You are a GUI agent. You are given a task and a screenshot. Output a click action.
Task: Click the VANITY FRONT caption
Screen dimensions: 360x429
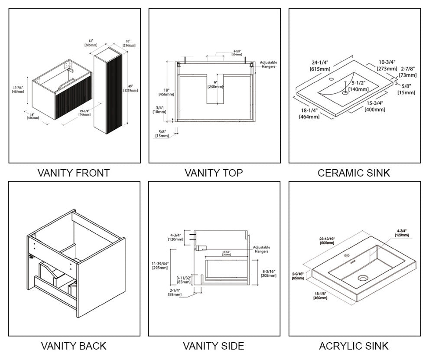[x=74, y=173]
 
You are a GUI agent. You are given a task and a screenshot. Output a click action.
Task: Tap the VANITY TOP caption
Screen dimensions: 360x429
[x=214, y=173]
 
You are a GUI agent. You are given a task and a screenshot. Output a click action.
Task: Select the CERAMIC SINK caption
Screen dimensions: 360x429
[x=354, y=173]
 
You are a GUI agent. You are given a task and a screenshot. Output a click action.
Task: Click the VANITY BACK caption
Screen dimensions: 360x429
[x=74, y=346]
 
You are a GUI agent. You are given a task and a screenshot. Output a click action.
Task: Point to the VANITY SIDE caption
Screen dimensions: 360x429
[x=214, y=346]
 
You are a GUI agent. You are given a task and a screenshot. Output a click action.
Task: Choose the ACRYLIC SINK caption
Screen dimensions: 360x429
[x=354, y=346]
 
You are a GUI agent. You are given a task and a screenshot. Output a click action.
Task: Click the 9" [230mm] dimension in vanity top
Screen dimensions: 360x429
[x=215, y=84]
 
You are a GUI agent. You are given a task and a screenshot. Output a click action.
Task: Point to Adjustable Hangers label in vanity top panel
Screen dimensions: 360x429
[x=268, y=65]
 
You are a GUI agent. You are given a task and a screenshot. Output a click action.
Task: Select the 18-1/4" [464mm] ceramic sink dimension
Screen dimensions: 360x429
[x=309, y=114]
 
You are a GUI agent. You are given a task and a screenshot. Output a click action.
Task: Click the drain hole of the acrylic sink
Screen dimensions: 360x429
[x=363, y=277]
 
